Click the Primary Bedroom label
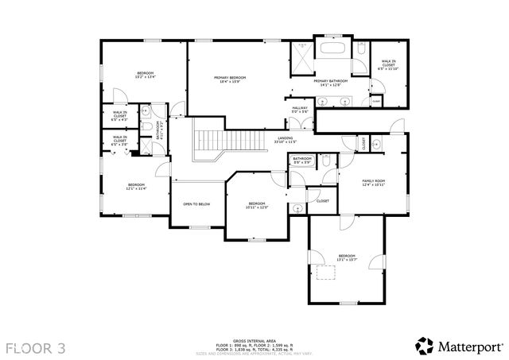tap(230, 79)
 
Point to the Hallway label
tap(299, 110)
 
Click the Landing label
tap(285, 141)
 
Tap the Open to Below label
tap(196, 204)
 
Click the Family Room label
tap(374, 183)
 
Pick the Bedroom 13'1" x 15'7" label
tap(347, 257)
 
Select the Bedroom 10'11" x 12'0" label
tap(256, 205)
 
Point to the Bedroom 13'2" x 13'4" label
tap(143, 75)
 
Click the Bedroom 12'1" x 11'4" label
tap(136, 187)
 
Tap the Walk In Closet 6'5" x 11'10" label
tap(388, 64)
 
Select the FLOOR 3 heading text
tap(36, 346)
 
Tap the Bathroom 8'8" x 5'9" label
tap(301, 161)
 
